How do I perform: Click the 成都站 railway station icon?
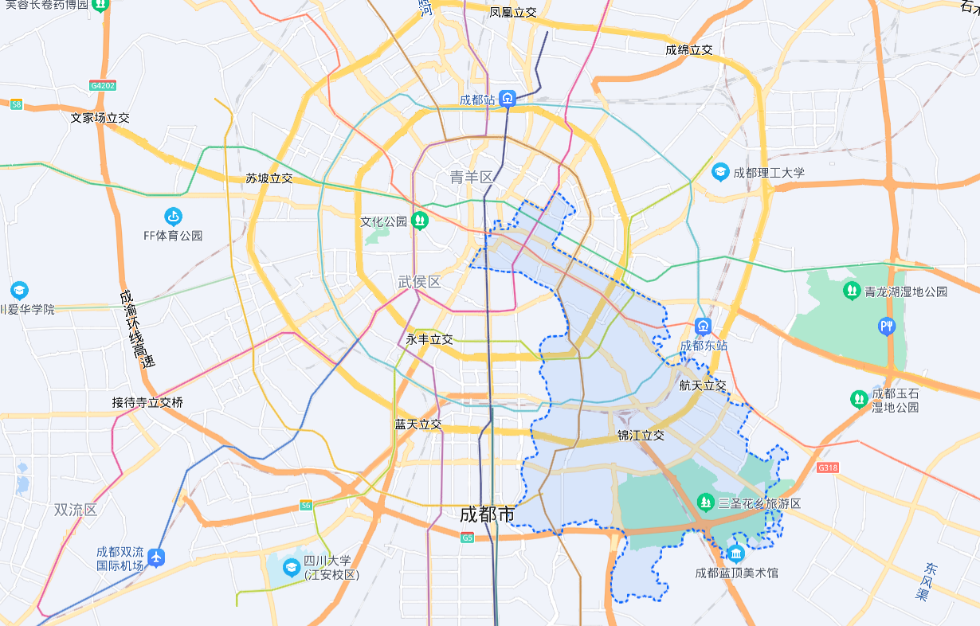pyautogui.click(x=508, y=100)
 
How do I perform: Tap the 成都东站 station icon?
pyautogui.click(x=703, y=326)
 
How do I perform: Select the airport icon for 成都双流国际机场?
pyautogui.click(x=157, y=557)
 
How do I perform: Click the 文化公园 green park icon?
pyautogui.click(x=420, y=221)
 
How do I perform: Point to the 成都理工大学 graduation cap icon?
pyautogui.click(x=720, y=172)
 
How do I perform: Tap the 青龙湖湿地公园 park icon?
pyautogui.click(x=852, y=291)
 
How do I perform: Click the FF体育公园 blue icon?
pyautogui.click(x=173, y=216)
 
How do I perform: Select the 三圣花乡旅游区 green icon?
pyautogui.click(x=704, y=503)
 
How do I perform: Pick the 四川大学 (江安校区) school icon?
pyautogui.click(x=292, y=567)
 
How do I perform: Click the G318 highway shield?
pyautogui.click(x=828, y=468)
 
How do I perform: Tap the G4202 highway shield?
pyautogui.click(x=103, y=85)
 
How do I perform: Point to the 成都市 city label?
pyautogui.click(x=487, y=514)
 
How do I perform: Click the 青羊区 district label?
pyautogui.click(x=472, y=177)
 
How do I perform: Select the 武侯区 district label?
pyautogui.click(x=419, y=282)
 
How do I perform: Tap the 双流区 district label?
pyautogui.click(x=76, y=510)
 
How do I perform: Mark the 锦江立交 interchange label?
pyautogui.click(x=641, y=436)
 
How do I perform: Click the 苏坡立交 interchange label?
pyautogui.click(x=269, y=178)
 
